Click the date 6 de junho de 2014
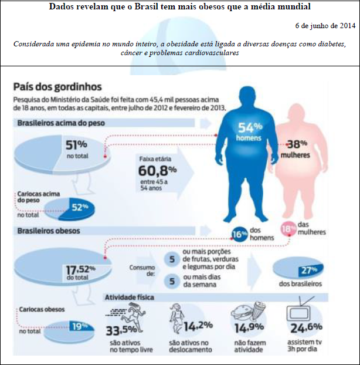click(325, 25)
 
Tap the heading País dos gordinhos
click(57, 87)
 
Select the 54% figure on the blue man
click(250, 127)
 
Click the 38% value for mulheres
click(297, 144)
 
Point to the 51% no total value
click(76, 144)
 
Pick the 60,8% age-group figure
click(158, 171)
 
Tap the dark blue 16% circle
click(240, 234)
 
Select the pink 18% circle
click(288, 229)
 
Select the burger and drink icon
click(248, 311)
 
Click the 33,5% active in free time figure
click(121, 330)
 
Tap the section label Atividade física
click(130, 298)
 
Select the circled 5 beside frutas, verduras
click(172, 259)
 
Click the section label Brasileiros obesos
click(49, 231)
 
